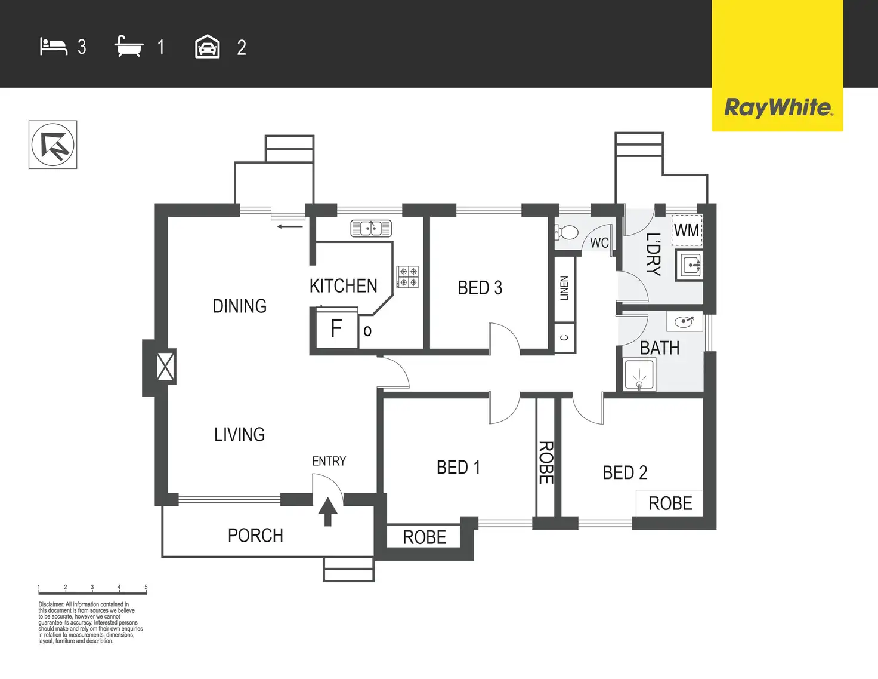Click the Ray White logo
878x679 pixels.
coord(778,107)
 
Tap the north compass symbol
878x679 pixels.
coord(53,145)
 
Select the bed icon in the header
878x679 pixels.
coord(53,47)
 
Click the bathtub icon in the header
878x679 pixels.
coord(129,47)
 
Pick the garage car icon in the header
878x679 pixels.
coord(208,47)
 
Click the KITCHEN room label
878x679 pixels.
coord(343,286)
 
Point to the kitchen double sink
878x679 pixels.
coord(370,228)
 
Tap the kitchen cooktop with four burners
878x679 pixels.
coord(407,276)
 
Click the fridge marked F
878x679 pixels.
coord(336,328)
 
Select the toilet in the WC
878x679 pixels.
coord(567,232)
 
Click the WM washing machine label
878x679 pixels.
coord(687,231)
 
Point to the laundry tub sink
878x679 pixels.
coord(690,265)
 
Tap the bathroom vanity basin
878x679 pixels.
coord(684,322)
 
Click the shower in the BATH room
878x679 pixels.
coord(639,375)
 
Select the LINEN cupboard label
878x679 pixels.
coord(564,288)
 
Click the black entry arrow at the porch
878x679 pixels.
coord(327,512)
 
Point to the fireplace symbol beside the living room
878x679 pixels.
coord(165,366)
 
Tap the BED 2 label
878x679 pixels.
coord(625,472)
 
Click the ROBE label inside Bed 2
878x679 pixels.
coord(670,503)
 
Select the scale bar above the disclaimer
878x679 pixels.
coord(92,592)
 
